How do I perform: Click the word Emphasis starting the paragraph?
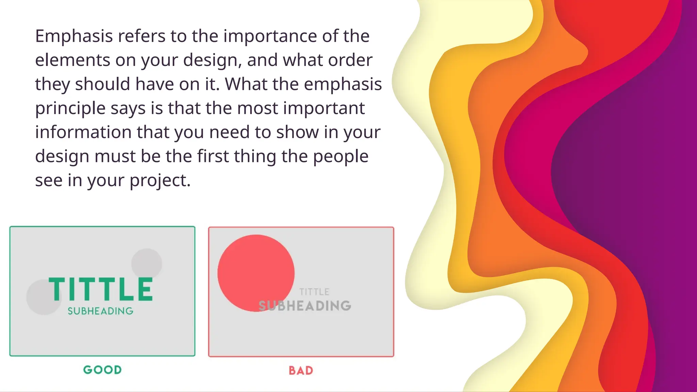(x=74, y=36)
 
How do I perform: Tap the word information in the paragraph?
(x=83, y=132)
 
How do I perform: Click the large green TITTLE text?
(x=101, y=289)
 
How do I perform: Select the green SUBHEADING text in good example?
(x=100, y=311)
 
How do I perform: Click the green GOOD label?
(x=102, y=370)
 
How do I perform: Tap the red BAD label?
(x=301, y=371)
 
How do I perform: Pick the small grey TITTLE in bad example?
(x=314, y=292)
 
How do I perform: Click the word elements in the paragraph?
(x=72, y=60)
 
